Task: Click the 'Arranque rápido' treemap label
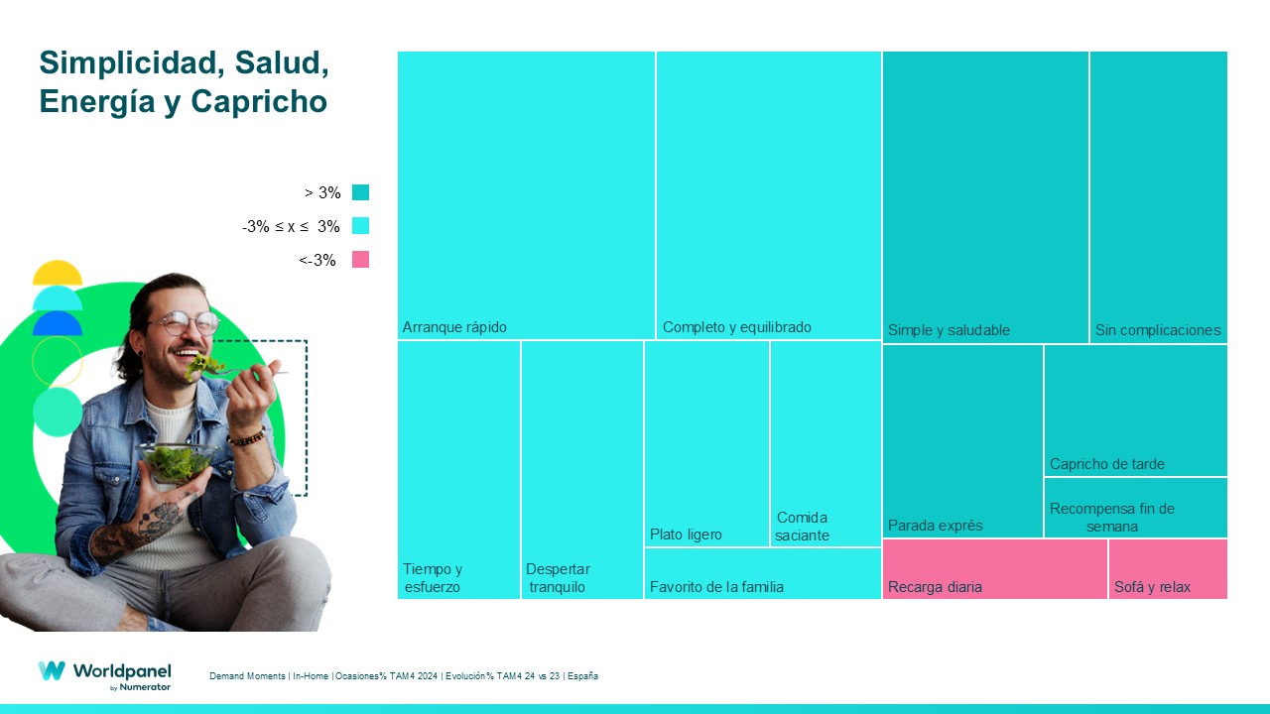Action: pos(454,327)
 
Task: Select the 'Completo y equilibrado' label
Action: pos(736,327)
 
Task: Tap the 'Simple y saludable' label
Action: pos(949,330)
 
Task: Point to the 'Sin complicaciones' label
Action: pos(1158,330)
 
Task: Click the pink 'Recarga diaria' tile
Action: pos(994,569)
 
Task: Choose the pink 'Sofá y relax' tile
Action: pos(1168,569)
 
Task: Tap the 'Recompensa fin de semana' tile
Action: pos(1135,508)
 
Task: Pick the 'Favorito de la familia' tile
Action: pos(762,573)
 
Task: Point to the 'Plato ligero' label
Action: pos(686,535)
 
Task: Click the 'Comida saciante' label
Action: pos(802,527)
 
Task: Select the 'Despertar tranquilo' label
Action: pos(558,578)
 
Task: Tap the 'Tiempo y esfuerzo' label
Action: pos(433,578)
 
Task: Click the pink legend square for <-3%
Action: pos(360,260)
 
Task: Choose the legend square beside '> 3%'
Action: pos(360,192)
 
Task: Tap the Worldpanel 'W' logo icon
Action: pos(52,671)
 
